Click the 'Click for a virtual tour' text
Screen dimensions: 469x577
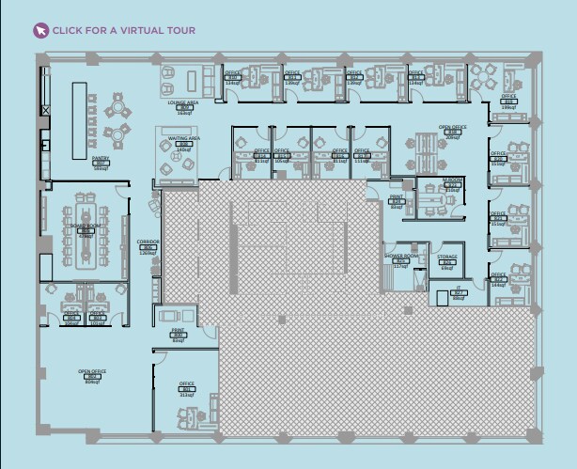123,30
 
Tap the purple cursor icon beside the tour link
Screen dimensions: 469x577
40,30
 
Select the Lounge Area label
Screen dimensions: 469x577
183,102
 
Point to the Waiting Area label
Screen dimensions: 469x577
183,138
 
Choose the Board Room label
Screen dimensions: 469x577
86,227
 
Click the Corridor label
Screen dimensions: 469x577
148,242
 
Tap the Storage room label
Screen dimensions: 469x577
447,256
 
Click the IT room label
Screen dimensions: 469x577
459,289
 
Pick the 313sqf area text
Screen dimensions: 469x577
186,395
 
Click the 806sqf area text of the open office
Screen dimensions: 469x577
92,383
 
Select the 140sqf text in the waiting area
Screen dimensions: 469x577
184,149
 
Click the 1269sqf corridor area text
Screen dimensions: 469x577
148,253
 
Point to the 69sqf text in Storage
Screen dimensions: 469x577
447,268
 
